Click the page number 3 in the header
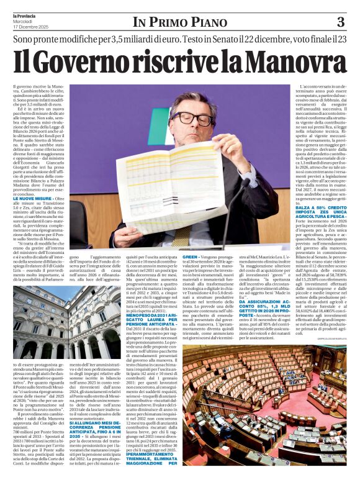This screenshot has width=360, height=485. [340, 22]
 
